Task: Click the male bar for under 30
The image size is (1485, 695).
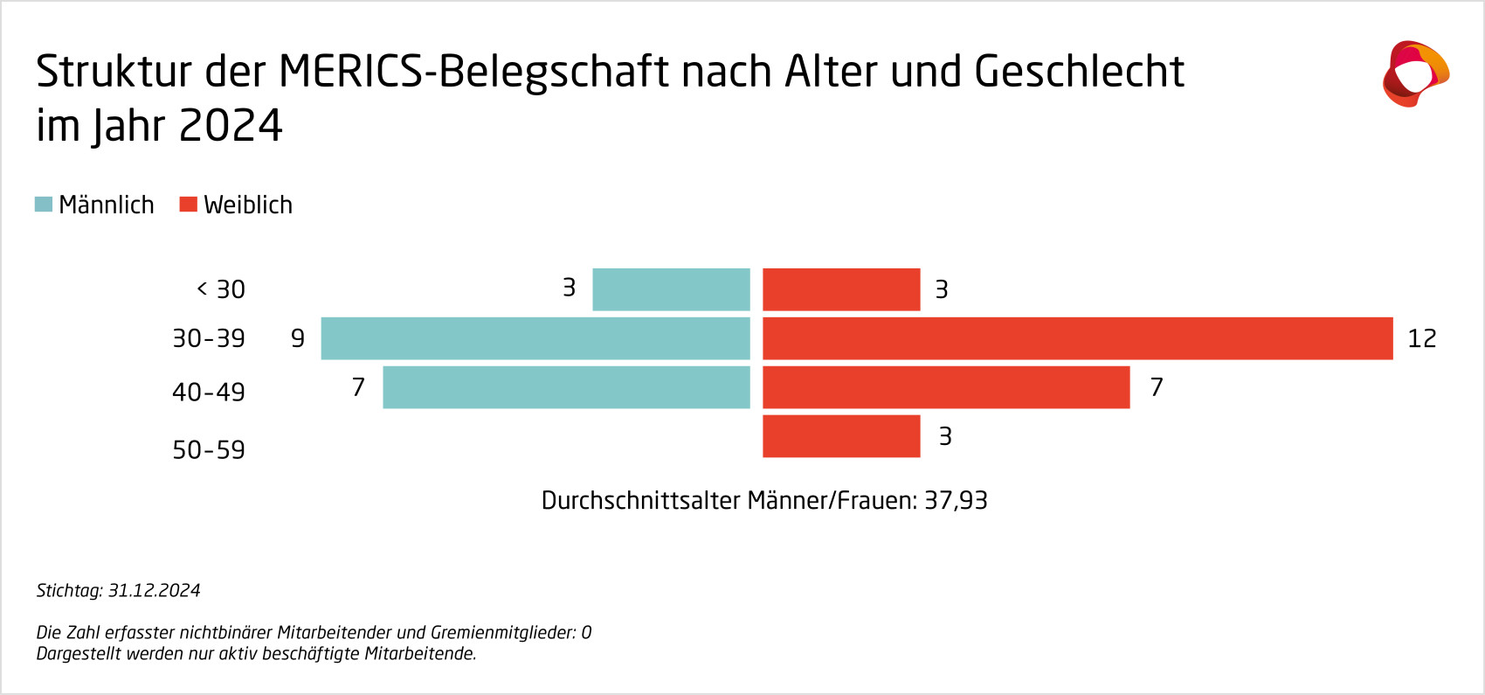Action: (x=671, y=289)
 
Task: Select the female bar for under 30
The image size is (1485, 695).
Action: (x=841, y=289)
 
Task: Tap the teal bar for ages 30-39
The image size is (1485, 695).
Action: (x=535, y=338)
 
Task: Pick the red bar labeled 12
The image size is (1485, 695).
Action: (x=1077, y=338)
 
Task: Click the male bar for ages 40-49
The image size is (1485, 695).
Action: (x=566, y=387)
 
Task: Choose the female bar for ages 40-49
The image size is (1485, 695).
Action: (x=946, y=387)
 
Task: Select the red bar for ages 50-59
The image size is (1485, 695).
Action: (x=841, y=436)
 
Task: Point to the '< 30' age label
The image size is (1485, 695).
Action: (x=221, y=289)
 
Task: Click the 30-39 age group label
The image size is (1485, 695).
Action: (x=209, y=338)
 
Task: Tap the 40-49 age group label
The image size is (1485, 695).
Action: (x=209, y=392)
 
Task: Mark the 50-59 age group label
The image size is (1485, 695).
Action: (x=209, y=450)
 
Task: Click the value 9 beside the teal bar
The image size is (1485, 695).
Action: (x=298, y=338)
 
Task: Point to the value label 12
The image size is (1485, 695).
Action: (x=1421, y=338)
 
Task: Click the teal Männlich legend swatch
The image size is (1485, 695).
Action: (x=44, y=205)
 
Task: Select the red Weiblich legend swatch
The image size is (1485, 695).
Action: (x=188, y=205)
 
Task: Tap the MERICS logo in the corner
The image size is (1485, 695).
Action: (x=1414, y=73)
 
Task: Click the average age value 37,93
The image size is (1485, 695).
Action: (x=956, y=501)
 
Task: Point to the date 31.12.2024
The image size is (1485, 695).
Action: (x=155, y=591)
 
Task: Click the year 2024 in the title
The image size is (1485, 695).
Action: (x=231, y=126)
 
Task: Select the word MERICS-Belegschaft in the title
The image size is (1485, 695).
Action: (x=474, y=72)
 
